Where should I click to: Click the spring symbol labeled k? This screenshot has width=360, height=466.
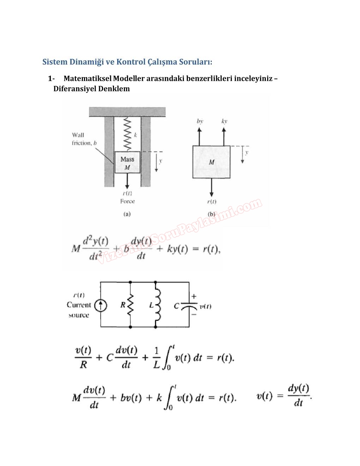click(x=127, y=135)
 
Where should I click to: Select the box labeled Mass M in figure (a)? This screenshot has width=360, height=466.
click(x=127, y=162)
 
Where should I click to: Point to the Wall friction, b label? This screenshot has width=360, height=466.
click(x=84, y=139)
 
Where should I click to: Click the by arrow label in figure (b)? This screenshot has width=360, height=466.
click(x=200, y=121)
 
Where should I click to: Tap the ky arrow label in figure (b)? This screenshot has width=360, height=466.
click(x=224, y=121)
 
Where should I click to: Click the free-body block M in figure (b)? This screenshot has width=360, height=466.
click(x=211, y=162)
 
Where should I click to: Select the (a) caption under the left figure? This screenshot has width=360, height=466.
click(x=127, y=214)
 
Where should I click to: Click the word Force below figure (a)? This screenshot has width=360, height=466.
click(x=127, y=201)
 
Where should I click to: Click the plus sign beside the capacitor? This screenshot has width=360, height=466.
click(x=194, y=297)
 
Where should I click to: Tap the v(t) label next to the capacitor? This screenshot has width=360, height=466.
click(x=205, y=306)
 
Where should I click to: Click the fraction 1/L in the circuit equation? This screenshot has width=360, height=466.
click(x=157, y=358)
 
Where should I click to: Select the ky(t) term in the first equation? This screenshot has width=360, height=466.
click(x=177, y=249)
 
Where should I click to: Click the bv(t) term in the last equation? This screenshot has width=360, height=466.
click(x=131, y=398)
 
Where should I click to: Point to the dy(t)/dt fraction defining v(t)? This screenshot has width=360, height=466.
click(x=298, y=396)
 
